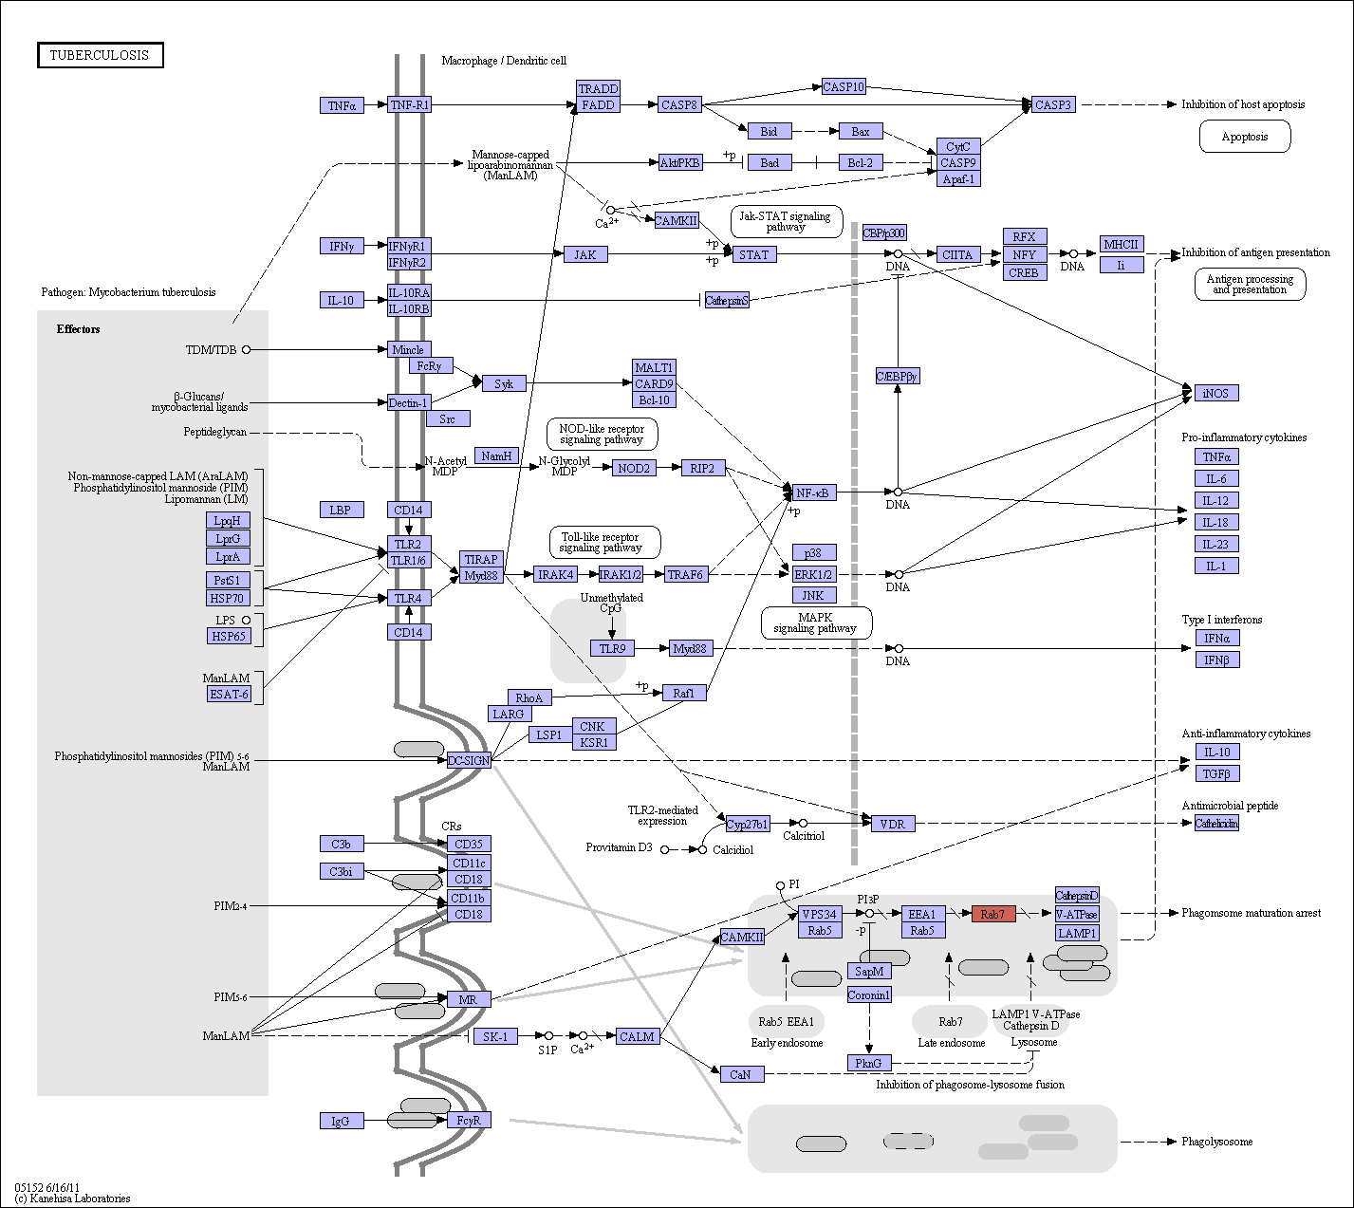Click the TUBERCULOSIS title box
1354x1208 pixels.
coord(101,55)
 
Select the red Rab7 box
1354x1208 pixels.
coord(993,914)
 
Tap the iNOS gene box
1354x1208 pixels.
coord(1215,393)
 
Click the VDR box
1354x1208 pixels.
coord(893,824)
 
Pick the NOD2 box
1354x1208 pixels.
coord(634,468)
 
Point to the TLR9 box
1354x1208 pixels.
coord(612,648)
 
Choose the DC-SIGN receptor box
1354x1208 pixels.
coord(469,760)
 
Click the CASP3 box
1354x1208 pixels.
coord(1053,104)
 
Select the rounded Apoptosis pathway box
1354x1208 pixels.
coord(1245,137)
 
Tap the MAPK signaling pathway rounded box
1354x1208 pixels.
coord(816,623)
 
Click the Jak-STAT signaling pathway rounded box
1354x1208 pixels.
coord(786,221)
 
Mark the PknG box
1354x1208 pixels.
coord(869,1063)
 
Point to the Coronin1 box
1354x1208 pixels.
coord(869,994)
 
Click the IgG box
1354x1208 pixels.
coord(342,1121)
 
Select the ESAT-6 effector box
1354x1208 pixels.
coord(230,694)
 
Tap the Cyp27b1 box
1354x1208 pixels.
coord(747,824)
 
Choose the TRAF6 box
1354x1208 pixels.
coord(686,574)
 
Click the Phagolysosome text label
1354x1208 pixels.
coord(1217,1142)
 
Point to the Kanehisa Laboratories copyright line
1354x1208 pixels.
coord(72,1198)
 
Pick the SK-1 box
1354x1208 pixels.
coord(495,1036)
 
